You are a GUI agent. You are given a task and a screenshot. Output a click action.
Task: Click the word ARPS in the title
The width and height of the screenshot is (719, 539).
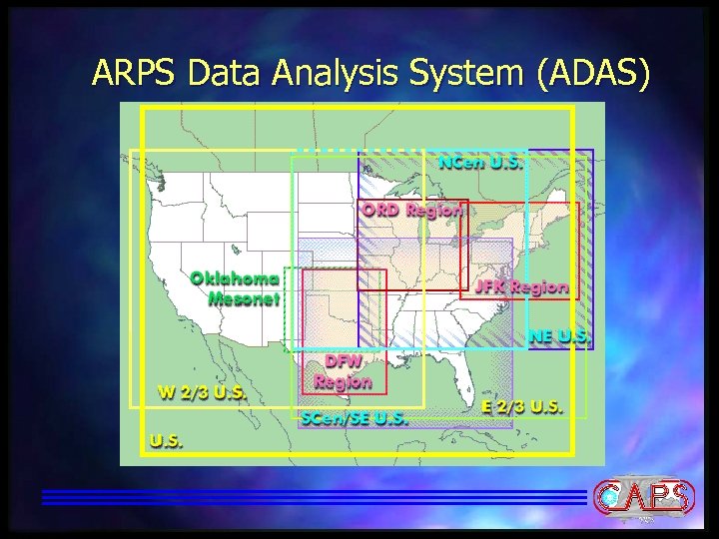coord(132,73)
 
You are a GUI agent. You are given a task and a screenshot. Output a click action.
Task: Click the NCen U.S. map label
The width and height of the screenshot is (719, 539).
coord(480,163)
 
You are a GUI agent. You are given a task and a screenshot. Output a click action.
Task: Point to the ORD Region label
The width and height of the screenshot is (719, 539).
coord(412,211)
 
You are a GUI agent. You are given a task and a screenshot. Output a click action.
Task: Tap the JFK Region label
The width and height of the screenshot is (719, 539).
coord(521,286)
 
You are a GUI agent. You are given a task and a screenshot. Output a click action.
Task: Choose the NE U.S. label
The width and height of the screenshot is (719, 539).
coord(560,335)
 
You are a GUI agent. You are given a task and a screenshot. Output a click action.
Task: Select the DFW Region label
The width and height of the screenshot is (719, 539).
coord(343,370)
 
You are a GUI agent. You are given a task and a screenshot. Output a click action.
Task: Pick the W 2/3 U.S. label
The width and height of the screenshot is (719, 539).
coord(203,390)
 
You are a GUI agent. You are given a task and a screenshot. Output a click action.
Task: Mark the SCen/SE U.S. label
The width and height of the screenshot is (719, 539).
coord(355,419)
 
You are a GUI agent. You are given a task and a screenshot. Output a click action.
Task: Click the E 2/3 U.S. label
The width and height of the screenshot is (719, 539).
coord(522,407)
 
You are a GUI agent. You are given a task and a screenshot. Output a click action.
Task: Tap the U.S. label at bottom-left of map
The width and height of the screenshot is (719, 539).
coord(167,440)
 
